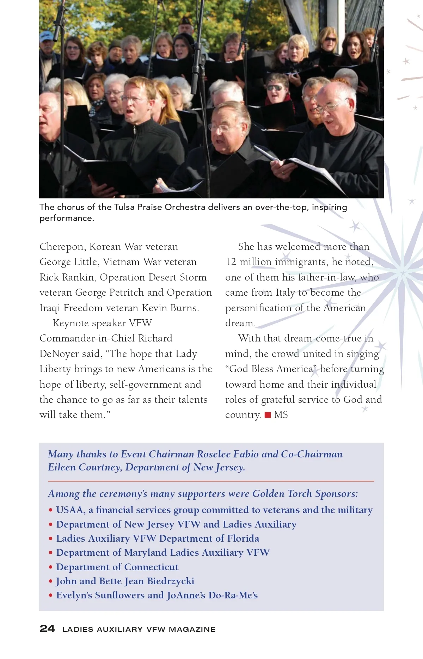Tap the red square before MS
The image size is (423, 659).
pos(268,415)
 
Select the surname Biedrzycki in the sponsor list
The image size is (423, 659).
pos(171,581)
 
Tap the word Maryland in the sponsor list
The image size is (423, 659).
pos(145,553)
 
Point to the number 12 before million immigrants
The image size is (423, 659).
pos(231,262)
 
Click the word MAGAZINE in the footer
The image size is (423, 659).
pos(192,629)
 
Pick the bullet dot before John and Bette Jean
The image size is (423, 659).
pos(51,581)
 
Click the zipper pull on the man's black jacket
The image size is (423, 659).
pos(134,130)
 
